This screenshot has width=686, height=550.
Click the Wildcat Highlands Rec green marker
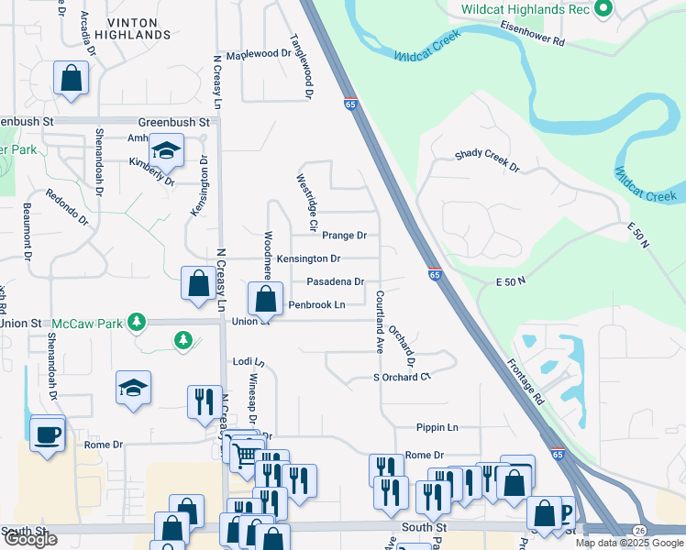[603, 10]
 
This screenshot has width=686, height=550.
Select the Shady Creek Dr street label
[487, 161]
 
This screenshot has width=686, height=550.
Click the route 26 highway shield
[639, 531]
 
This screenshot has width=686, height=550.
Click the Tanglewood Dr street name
[302, 68]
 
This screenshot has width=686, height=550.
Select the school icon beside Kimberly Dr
[167, 149]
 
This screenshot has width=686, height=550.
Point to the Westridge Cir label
[306, 202]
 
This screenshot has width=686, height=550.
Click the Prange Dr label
[344, 236]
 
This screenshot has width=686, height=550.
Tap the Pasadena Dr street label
[335, 282]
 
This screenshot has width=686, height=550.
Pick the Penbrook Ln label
[316, 304]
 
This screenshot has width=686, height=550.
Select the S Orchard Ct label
[401, 378]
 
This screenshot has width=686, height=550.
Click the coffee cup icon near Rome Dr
[47, 434]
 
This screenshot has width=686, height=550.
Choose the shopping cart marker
[245, 453]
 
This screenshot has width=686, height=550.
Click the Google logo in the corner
[30, 539]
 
